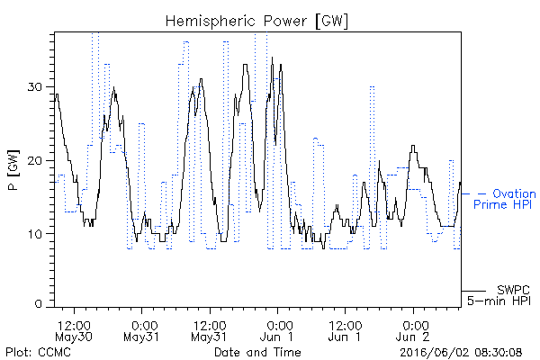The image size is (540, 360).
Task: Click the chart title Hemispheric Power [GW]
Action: tap(256, 21)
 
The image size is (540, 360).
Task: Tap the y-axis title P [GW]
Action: tap(13, 170)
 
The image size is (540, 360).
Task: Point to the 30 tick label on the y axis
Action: tap(34, 86)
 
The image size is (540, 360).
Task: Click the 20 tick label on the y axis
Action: tap(34, 160)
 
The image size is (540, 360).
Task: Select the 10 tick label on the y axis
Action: tap(35, 234)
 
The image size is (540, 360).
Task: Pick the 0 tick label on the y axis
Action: tap(39, 304)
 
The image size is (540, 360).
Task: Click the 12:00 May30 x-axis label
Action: tap(74, 331)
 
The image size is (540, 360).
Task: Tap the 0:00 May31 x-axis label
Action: tap(141, 331)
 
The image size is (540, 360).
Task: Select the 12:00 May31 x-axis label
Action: tap(210, 331)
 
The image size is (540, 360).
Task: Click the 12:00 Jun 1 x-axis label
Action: tap(345, 331)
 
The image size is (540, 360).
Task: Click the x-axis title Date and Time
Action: tap(257, 353)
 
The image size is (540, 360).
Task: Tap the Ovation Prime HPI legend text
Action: tap(505, 199)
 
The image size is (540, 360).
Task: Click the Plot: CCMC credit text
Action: tap(38, 353)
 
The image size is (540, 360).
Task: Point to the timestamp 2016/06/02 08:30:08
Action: tap(461, 353)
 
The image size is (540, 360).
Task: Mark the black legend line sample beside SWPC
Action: tap(473, 291)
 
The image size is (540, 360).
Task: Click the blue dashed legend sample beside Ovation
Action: tap(474, 194)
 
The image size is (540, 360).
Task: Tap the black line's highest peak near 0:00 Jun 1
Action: tap(272, 58)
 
